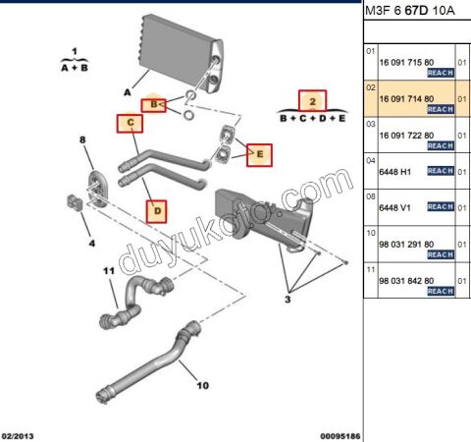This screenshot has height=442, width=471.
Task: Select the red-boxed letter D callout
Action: tap(158, 208)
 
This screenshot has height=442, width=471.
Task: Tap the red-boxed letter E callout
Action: tap(260, 153)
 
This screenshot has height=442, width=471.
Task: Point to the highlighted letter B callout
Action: tap(152, 103)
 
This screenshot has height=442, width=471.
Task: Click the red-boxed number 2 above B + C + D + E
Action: tap(311, 100)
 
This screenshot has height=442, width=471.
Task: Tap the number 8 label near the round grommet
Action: tap(82, 141)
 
